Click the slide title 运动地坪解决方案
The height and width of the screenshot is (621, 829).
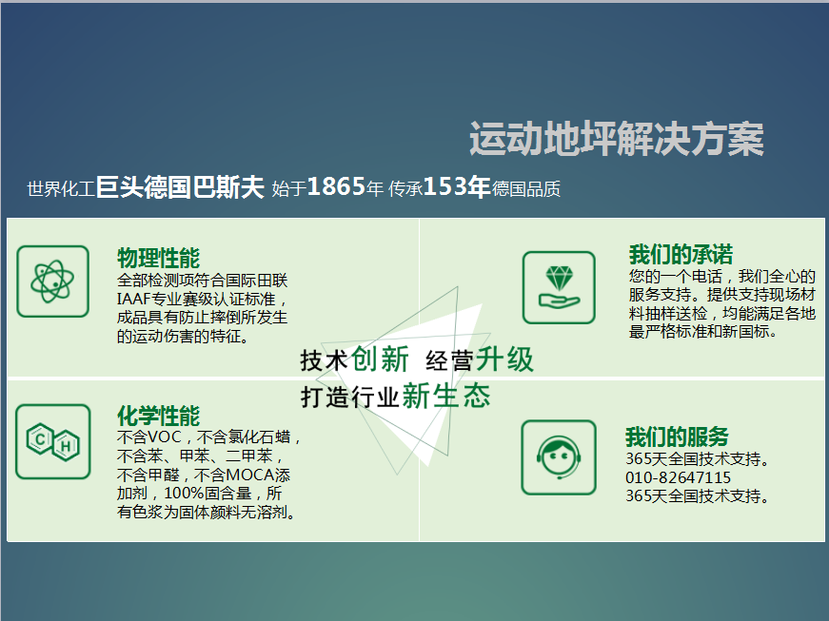click(617, 139)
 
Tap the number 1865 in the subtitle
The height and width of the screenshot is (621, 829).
click(336, 186)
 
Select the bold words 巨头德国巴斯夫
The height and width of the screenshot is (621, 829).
click(180, 186)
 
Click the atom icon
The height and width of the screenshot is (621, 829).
click(53, 281)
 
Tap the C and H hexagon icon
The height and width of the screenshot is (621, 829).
click(53, 441)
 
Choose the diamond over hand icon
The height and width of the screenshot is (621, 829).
click(559, 288)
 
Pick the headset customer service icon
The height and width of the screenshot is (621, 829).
click(559, 457)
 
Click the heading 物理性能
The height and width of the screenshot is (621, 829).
click(159, 258)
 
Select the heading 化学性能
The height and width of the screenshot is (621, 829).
click(159, 416)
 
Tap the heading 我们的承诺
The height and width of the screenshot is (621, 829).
click(681, 255)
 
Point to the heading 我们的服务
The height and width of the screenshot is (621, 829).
click(678, 437)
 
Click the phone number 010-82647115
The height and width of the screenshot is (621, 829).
click(679, 477)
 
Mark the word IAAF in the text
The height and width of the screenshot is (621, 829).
click(134, 300)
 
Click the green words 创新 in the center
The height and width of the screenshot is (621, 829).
click(380, 359)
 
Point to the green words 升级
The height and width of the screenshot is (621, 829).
click(504, 359)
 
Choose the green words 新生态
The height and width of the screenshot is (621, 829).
click(446, 396)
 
